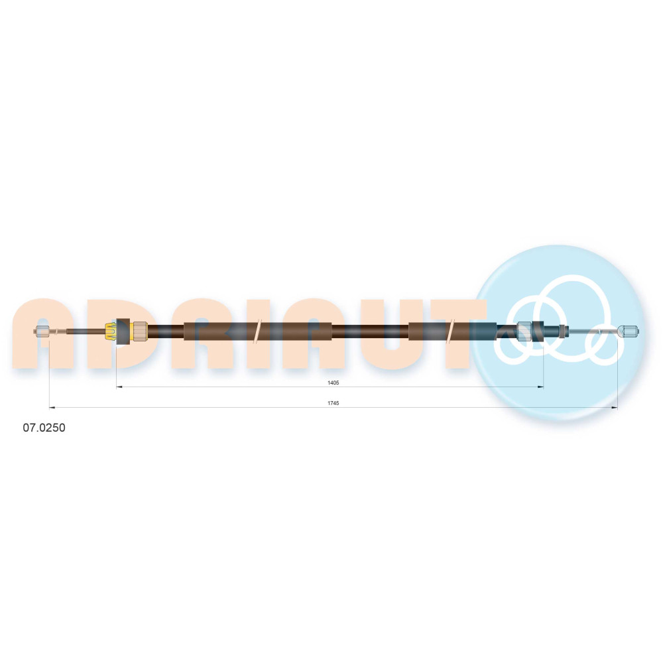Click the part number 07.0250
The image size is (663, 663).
tap(44, 428)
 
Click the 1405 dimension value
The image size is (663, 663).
tap(333, 383)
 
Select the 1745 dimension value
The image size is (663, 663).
tap(333, 403)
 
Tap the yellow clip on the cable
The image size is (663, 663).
tap(111, 331)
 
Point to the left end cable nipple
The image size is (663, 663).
tap(42, 331)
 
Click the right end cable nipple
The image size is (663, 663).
tap(629, 331)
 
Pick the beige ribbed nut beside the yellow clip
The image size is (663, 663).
tap(140, 331)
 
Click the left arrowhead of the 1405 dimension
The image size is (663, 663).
tap(119, 387)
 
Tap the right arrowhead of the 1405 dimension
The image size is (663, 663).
tap(540, 387)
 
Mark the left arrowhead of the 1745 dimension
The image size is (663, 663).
tap(52, 408)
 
